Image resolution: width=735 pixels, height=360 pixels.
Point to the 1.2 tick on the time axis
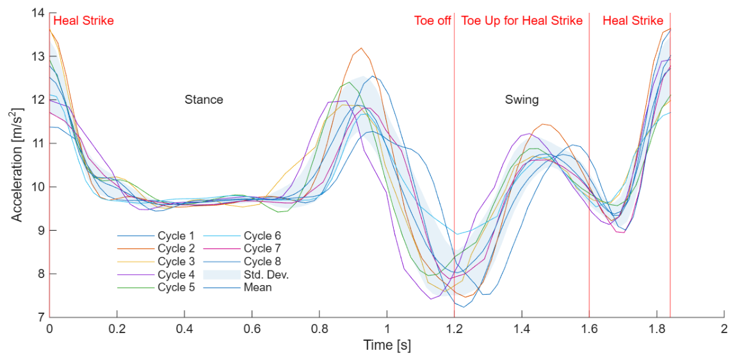[454, 328]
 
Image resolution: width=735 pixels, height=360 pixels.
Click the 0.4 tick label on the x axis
[184, 328]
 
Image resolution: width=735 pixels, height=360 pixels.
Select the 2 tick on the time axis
[724, 328]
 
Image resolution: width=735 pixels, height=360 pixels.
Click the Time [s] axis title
[387, 345]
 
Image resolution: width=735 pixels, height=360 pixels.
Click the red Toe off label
[432, 20]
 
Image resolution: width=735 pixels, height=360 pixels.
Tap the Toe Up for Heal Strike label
[522, 20]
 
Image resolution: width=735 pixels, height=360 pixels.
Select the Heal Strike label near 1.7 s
[633, 20]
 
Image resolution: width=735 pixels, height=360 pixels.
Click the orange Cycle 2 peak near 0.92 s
[360, 48]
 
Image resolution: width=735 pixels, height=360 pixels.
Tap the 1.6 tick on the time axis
[589, 328]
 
